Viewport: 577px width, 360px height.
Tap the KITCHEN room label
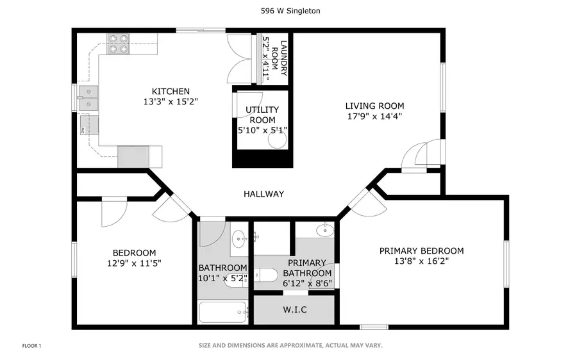[171, 91]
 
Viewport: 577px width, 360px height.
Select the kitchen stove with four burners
[117, 42]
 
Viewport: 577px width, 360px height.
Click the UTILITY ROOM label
[261, 115]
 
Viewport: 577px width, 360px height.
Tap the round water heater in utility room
[276, 140]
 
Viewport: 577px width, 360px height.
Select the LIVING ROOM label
[374, 106]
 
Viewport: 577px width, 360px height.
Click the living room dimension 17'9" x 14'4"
[374, 117]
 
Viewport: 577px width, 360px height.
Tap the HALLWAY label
[263, 194]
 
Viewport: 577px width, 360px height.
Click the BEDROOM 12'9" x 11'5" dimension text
[134, 263]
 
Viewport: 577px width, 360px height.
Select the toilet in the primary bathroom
[266, 275]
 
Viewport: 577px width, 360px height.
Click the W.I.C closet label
[295, 310]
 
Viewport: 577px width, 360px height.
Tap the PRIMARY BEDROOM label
[421, 250]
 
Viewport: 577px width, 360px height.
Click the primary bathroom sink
[324, 229]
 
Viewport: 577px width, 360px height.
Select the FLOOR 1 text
[31, 346]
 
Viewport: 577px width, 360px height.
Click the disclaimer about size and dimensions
[290, 346]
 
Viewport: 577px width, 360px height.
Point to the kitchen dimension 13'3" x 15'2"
[171, 101]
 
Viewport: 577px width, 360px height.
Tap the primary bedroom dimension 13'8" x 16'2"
[421, 261]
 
